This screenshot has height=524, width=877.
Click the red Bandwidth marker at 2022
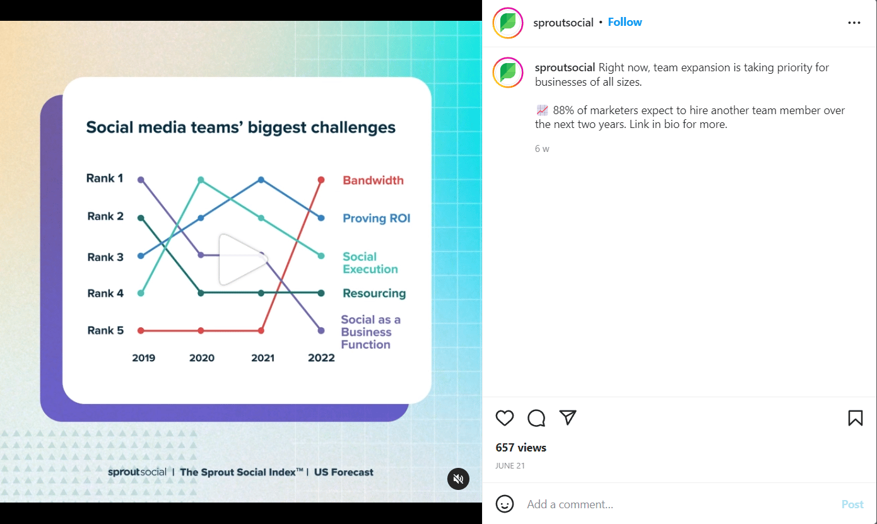tap(321, 180)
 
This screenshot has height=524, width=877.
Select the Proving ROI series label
tap(376, 218)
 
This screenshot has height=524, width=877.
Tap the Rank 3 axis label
tap(105, 257)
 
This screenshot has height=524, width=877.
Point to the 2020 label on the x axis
tap(202, 358)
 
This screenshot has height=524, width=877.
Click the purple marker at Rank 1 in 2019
tap(141, 180)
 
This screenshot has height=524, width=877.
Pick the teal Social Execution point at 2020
tap(201, 180)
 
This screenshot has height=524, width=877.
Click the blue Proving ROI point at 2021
tap(261, 180)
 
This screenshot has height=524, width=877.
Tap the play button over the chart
tap(242, 259)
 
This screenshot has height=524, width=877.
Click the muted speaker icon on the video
tap(459, 479)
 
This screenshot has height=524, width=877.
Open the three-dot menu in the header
tap(854, 23)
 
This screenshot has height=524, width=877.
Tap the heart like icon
tap(505, 418)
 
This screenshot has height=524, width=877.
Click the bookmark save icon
tap(855, 418)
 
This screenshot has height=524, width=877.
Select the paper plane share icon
tap(568, 417)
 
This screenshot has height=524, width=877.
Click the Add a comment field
tap(675, 504)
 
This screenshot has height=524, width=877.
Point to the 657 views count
tap(521, 448)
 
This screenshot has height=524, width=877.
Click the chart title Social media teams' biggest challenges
tap(241, 127)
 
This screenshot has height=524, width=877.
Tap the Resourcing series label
tap(374, 293)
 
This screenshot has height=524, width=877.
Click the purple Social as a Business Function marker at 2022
tap(321, 330)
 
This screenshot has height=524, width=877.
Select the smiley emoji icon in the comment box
tap(505, 504)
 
